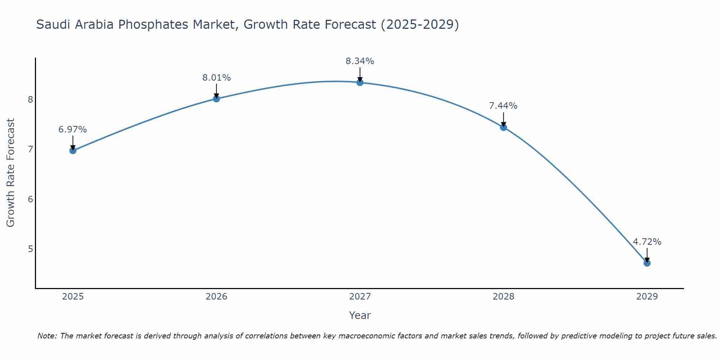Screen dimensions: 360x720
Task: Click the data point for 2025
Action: [x=73, y=150]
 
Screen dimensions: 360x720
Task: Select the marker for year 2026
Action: [x=216, y=99]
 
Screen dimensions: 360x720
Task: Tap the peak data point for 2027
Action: [x=360, y=82]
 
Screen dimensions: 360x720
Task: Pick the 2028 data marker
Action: [x=503, y=127]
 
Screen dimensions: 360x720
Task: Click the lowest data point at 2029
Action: [x=647, y=263]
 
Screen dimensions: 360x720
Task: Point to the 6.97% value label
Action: [x=73, y=130]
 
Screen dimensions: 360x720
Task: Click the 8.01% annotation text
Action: [x=216, y=78]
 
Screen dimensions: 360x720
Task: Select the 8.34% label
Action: [x=360, y=61]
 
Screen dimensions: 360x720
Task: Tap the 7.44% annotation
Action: [x=503, y=106]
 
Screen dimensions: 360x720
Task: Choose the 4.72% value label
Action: [x=647, y=242]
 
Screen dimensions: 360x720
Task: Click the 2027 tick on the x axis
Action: [x=360, y=297]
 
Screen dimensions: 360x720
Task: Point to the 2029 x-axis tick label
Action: [x=647, y=297]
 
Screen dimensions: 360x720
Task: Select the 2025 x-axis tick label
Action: [x=73, y=297]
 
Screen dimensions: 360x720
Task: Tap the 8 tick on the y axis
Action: [x=30, y=99]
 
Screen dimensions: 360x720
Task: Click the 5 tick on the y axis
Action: [x=30, y=249]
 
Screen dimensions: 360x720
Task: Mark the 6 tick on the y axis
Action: [x=30, y=199]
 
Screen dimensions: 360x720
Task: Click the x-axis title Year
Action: [x=360, y=315]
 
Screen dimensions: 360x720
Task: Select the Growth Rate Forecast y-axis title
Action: [x=11, y=173]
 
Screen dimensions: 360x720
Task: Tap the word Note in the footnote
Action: [x=47, y=336]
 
